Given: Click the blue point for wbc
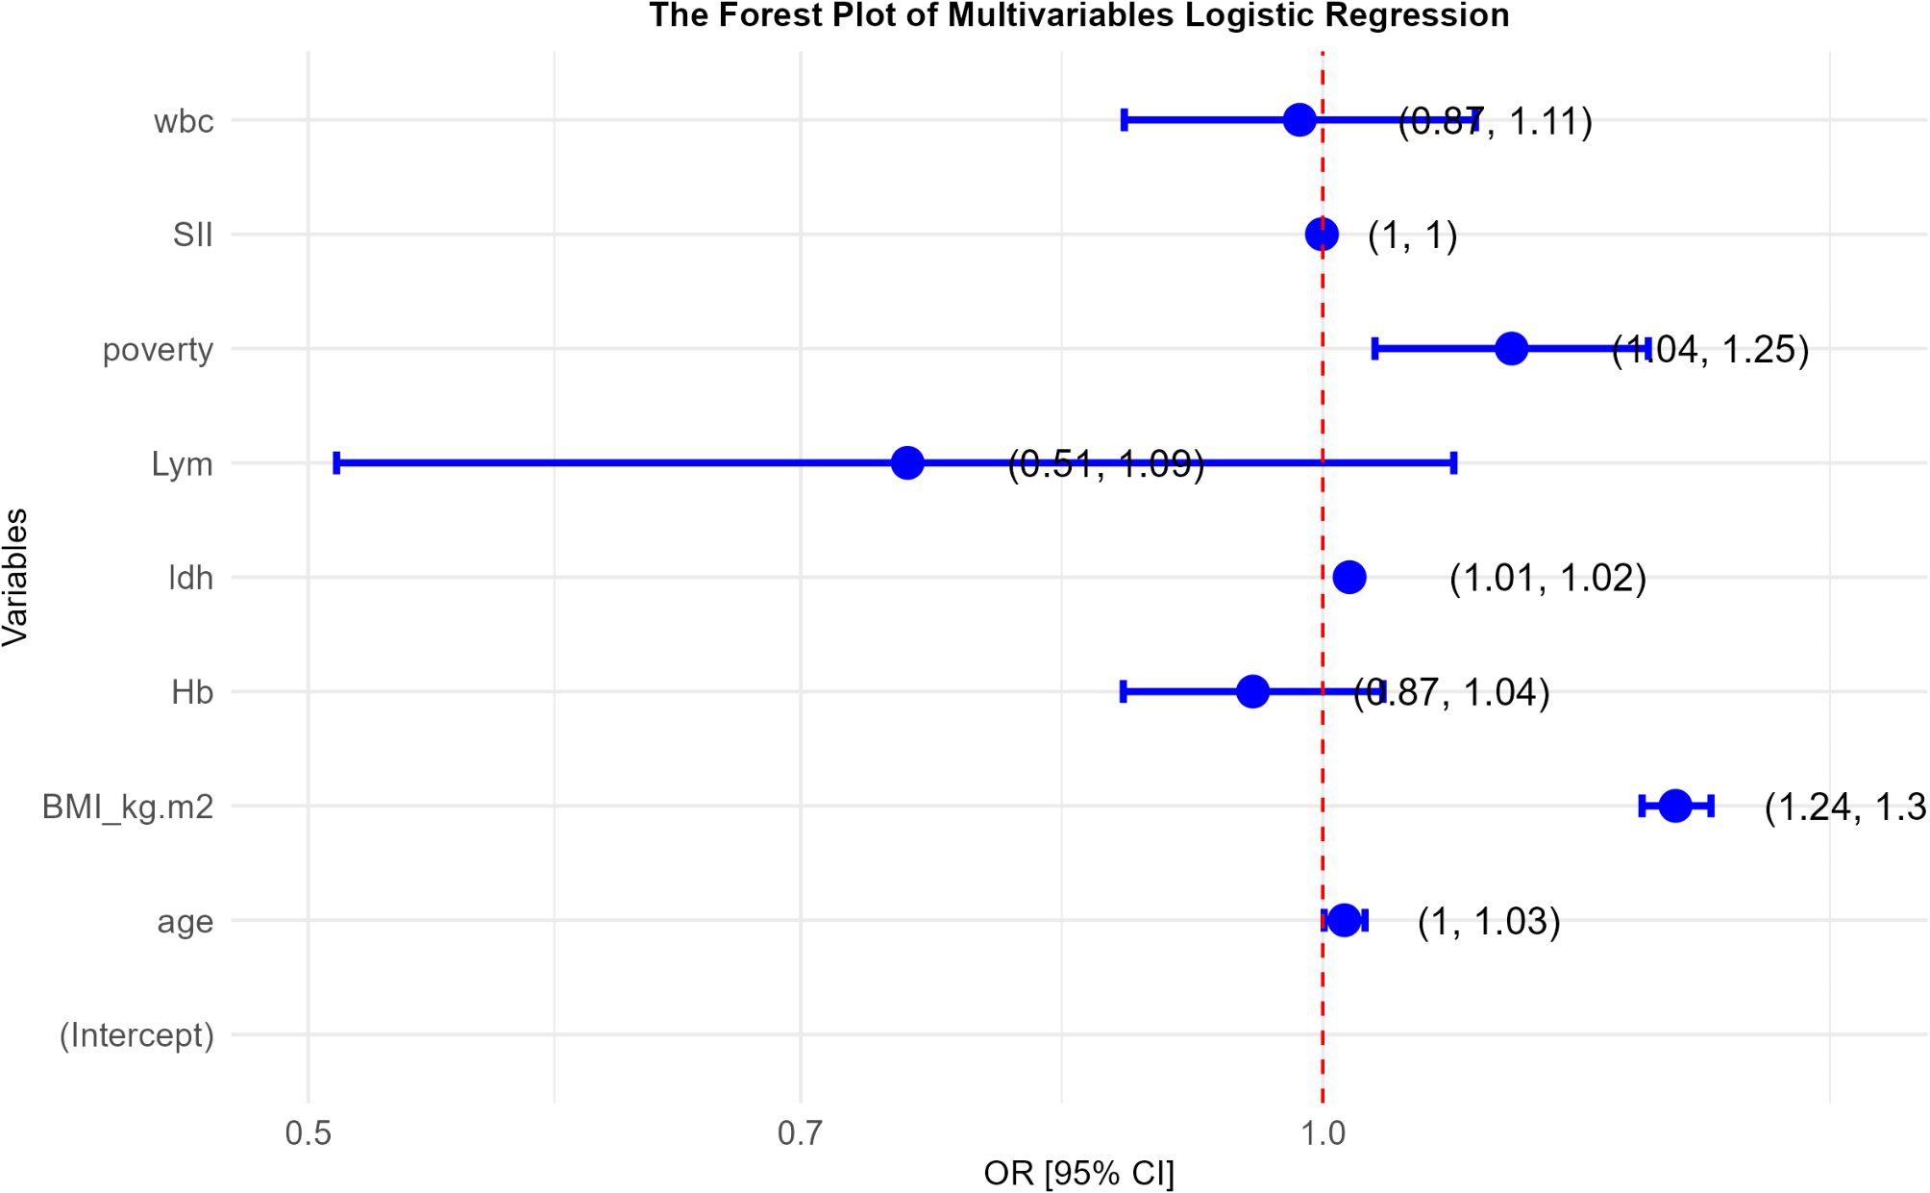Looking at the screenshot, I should click(x=1299, y=120).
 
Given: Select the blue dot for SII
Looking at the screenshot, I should click(x=1322, y=234).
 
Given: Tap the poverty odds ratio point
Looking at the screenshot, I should click(x=1511, y=348).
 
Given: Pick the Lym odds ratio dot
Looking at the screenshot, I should click(x=907, y=462).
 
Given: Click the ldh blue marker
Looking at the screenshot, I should click(x=1349, y=577).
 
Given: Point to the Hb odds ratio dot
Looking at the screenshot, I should click(x=1252, y=691).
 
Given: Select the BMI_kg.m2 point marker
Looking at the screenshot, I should click(x=1675, y=806).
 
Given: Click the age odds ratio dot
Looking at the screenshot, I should click(x=1344, y=920).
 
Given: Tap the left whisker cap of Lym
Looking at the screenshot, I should click(x=336, y=462).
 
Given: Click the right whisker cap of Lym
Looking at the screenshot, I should click(x=1453, y=462).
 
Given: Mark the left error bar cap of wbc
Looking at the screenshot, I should click(x=1124, y=120).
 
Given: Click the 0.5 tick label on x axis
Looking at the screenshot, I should click(x=308, y=1133).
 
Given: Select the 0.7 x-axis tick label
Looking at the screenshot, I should click(x=800, y=1133).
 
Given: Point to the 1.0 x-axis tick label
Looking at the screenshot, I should click(x=1323, y=1133).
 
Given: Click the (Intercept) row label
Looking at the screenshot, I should click(x=136, y=1035).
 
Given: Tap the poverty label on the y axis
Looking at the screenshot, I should click(x=158, y=349).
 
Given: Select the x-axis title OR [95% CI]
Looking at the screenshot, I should click(x=1078, y=1173).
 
